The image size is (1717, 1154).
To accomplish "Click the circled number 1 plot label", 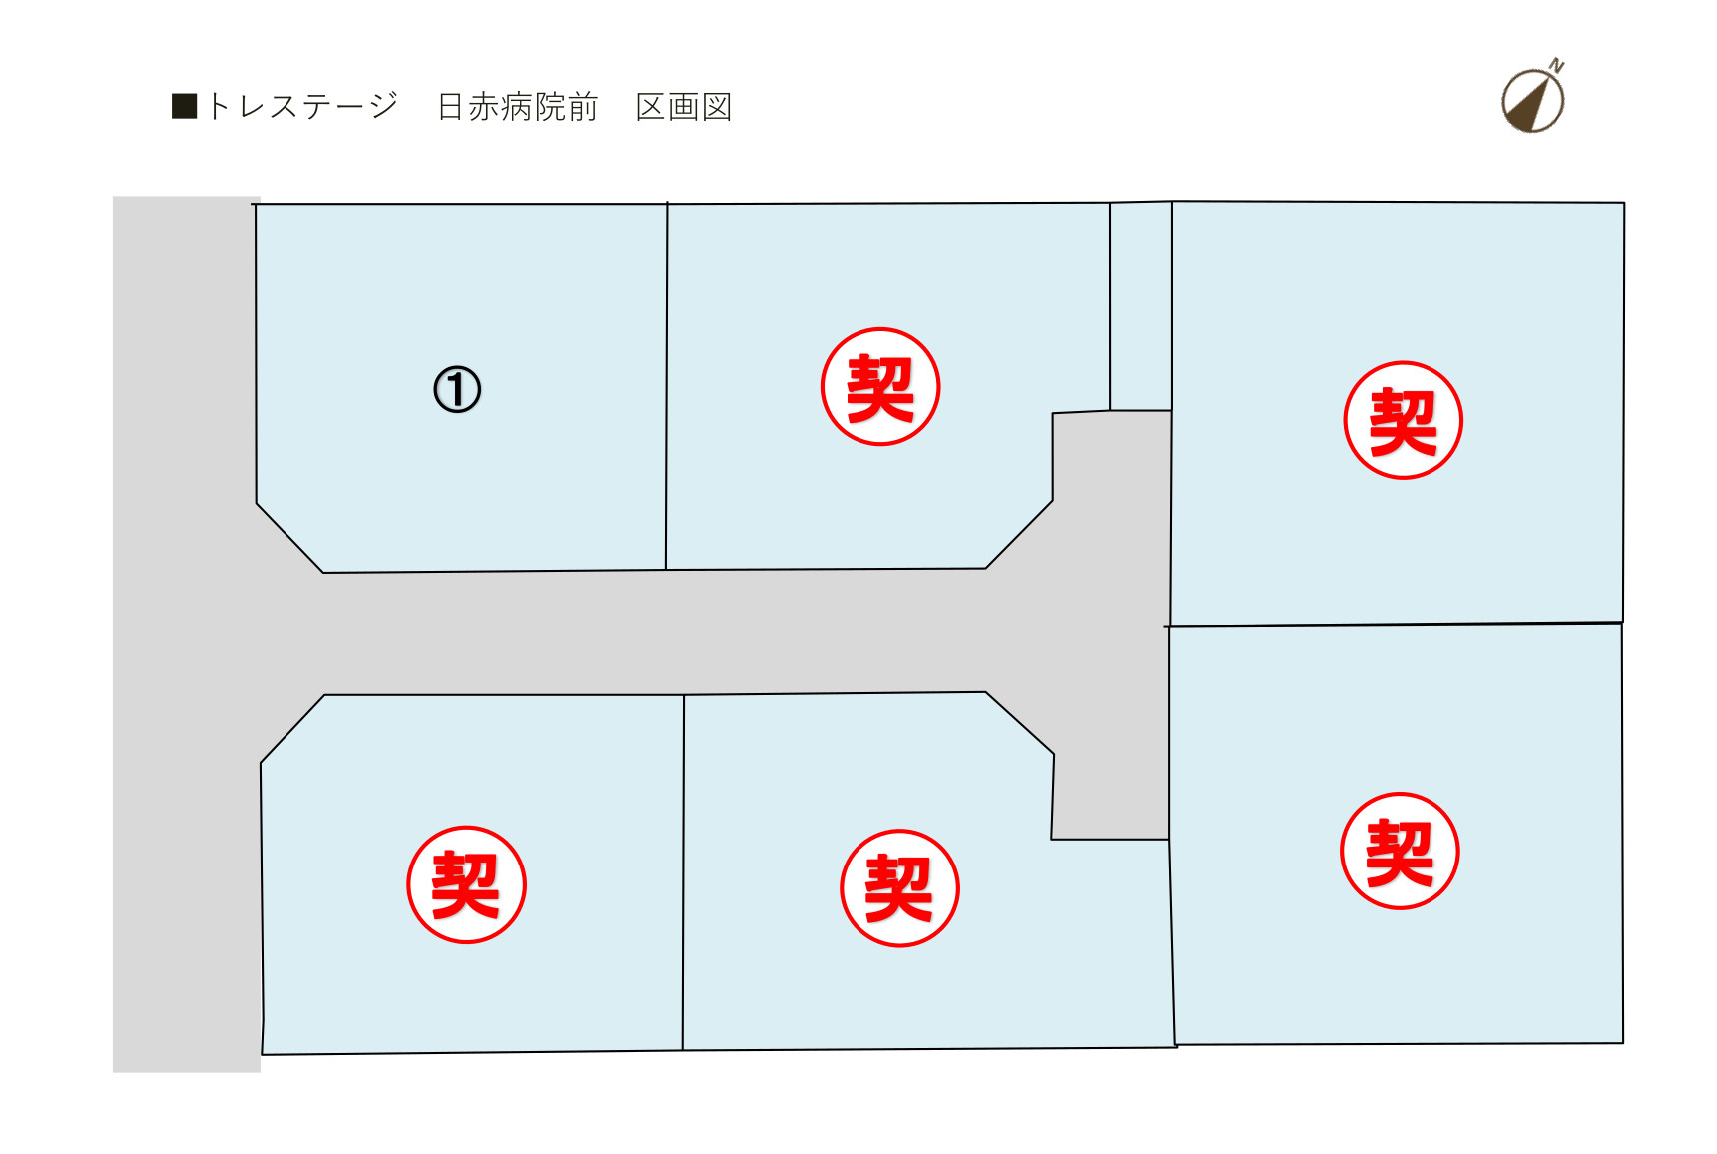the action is pos(457,389).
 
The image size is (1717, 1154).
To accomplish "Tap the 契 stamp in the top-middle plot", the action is pos(880,386).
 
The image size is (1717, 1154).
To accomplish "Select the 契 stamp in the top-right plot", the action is pos(1403,420).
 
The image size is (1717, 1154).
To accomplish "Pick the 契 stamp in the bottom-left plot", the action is pos(466,884).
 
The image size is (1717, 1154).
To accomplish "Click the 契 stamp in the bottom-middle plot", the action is pos(899,887).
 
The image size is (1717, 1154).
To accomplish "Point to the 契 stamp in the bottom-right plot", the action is pos(1400,851).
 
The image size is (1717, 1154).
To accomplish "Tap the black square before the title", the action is pos(185,106).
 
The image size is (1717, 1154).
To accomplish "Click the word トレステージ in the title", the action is pos(302,106).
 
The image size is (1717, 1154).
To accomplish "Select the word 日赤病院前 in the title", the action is pos(518,106).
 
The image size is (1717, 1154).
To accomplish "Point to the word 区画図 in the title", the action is pos(684,106).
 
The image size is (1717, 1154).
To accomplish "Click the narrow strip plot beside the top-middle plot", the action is pos(1141,306).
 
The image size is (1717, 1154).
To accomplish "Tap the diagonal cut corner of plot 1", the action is pos(289,538).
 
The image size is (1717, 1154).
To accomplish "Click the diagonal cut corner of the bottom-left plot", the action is pos(292,729).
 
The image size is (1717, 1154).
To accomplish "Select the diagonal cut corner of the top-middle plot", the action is pos(1019,534).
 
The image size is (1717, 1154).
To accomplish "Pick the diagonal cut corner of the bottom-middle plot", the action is pos(1020,722).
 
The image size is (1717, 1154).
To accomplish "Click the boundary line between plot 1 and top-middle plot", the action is pos(667,386).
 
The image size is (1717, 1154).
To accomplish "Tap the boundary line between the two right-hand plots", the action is pos(1395,625).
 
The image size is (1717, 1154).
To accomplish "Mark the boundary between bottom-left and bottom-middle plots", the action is pos(684,872).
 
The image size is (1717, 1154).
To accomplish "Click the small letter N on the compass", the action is pos(1557,67).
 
